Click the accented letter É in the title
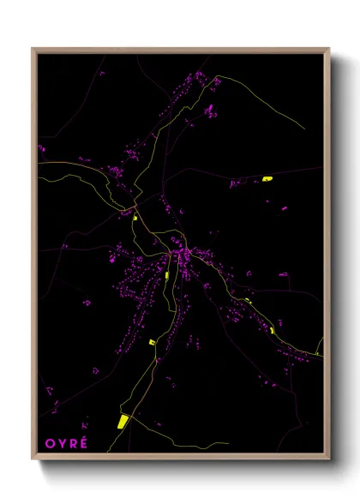[83, 441]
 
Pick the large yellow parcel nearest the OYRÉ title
[122, 421]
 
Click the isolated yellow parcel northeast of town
[267, 179]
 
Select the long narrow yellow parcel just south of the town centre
[166, 275]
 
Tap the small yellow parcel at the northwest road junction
[136, 218]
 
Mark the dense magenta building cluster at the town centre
[182, 255]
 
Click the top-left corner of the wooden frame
[33, 49]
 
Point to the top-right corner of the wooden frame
[328, 49]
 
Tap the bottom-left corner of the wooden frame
[33, 459]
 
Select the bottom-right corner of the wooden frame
[328, 459]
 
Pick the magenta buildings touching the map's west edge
[41, 148]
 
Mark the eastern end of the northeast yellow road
[304, 128]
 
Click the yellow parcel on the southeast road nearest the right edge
[273, 330]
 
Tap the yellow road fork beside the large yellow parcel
[131, 412]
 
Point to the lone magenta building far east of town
[283, 274]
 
